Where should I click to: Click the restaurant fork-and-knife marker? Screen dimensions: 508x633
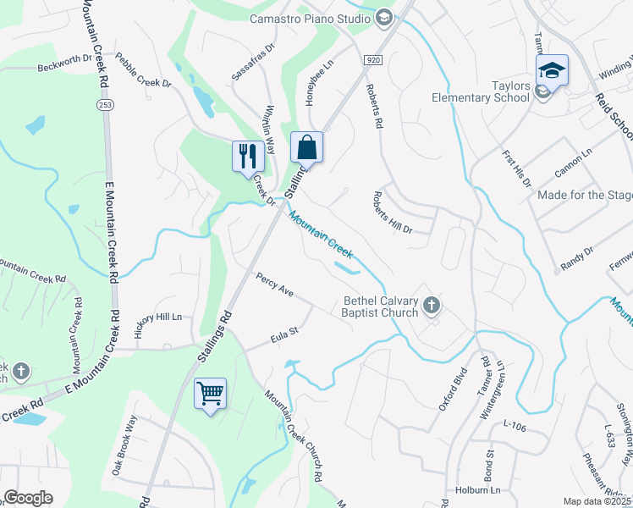pyautogui.click(x=246, y=156)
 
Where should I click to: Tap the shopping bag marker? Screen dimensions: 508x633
pyautogui.click(x=306, y=147)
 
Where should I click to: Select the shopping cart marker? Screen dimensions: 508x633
pyautogui.click(x=210, y=393)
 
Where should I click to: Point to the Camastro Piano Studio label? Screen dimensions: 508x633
pyautogui.click(x=310, y=18)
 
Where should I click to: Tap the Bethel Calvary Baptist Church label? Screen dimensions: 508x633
pyautogui.click(x=380, y=306)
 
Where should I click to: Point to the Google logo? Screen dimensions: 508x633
pyautogui.click(x=28, y=498)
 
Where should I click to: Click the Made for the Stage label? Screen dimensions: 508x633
pyautogui.click(x=585, y=196)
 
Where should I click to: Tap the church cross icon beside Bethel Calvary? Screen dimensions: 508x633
pyautogui.click(x=432, y=306)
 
